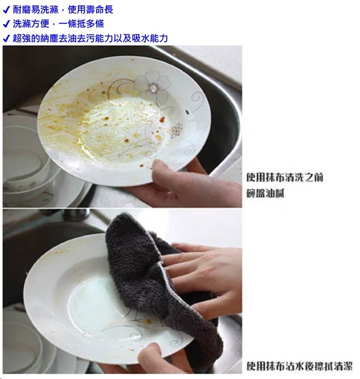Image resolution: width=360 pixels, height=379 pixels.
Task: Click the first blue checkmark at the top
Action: [x=6, y=10]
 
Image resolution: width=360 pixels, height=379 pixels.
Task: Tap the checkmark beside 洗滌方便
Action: [x=6, y=24]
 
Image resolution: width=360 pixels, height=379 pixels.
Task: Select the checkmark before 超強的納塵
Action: [x=6, y=38]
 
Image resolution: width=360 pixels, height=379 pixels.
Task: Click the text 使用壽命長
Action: [x=90, y=10]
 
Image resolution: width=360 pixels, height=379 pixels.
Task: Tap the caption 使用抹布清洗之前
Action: [x=284, y=177]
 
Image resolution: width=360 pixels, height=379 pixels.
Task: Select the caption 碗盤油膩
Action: [x=265, y=193]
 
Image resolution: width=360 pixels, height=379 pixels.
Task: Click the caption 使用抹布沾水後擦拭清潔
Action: [x=299, y=366]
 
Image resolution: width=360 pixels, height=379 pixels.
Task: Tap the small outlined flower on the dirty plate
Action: [x=176, y=131]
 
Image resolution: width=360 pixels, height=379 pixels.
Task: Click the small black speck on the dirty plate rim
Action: [x=187, y=112]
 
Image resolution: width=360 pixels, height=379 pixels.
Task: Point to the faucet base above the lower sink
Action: [x=75, y=214]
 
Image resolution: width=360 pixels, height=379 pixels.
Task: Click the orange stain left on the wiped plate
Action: [x=149, y=321]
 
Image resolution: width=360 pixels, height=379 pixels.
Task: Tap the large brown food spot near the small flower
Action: [x=162, y=119]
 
